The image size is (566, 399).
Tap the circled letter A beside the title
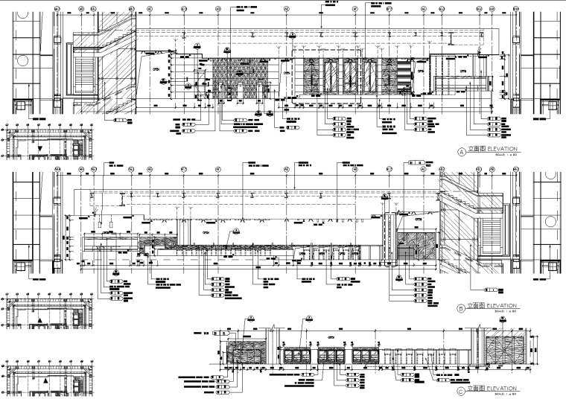460,151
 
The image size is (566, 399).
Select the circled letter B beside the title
460,307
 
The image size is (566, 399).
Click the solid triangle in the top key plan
40,149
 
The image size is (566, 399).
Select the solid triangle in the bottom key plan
45,380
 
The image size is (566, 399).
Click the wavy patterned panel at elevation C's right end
504,351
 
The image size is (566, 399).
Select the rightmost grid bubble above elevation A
515,9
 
